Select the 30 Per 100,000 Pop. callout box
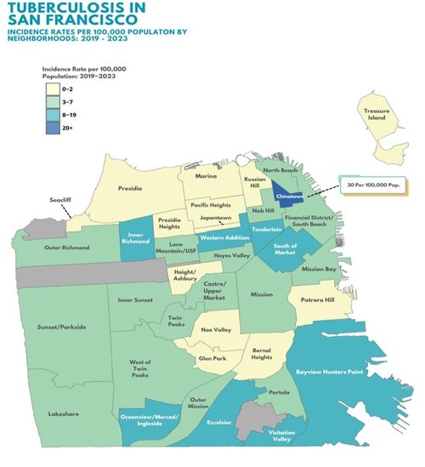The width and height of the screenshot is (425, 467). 369,183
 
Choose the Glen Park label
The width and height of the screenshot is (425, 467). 212,359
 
